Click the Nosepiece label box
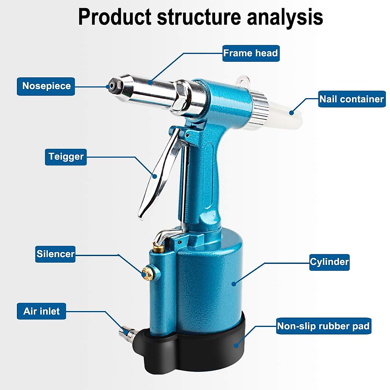click(x=46, y=86)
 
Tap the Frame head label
click(x=251, y=53)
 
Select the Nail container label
click(x=352, y=99)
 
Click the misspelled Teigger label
click(x=66, y=157)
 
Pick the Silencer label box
click(x=55, y=254)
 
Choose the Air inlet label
click(x=41, y=311)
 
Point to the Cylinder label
click(x=329, y=262)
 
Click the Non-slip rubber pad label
click(x=323, y=326)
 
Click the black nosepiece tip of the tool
click(x=112, y=85)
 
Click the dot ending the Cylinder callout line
click(x=233, y=284)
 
